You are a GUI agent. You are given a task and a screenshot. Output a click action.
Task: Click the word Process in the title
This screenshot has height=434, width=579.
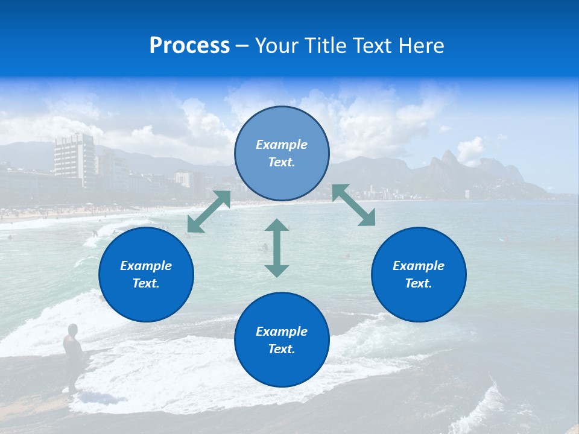[x=189, y=46]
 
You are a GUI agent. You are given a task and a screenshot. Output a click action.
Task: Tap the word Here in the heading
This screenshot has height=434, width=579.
[x=420, y=46]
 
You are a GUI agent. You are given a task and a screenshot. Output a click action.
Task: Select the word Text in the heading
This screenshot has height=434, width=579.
[x=373, y=46]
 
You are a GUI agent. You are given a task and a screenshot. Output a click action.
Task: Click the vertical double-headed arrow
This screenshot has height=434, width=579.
[x=277, y=248]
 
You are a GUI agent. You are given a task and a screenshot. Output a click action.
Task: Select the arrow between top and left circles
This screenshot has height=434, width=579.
[x=209, y=212]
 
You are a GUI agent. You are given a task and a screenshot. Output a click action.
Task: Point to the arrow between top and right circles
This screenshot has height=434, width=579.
[x=353, y=205]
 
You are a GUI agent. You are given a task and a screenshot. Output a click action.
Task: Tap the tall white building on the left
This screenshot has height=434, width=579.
[x=74, y=158]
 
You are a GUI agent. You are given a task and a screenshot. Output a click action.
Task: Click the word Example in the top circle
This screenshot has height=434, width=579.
[x=282, y=145]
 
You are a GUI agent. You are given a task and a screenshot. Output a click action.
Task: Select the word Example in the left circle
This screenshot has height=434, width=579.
[x=146, y=266]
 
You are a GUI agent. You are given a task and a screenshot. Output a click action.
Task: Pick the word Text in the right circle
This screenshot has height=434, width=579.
[x=419, y=283]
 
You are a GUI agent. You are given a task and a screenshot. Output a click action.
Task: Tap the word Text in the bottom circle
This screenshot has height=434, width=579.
[x=282, y=349]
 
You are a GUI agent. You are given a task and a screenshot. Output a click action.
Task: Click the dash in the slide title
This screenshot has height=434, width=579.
[x=242, y=46]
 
